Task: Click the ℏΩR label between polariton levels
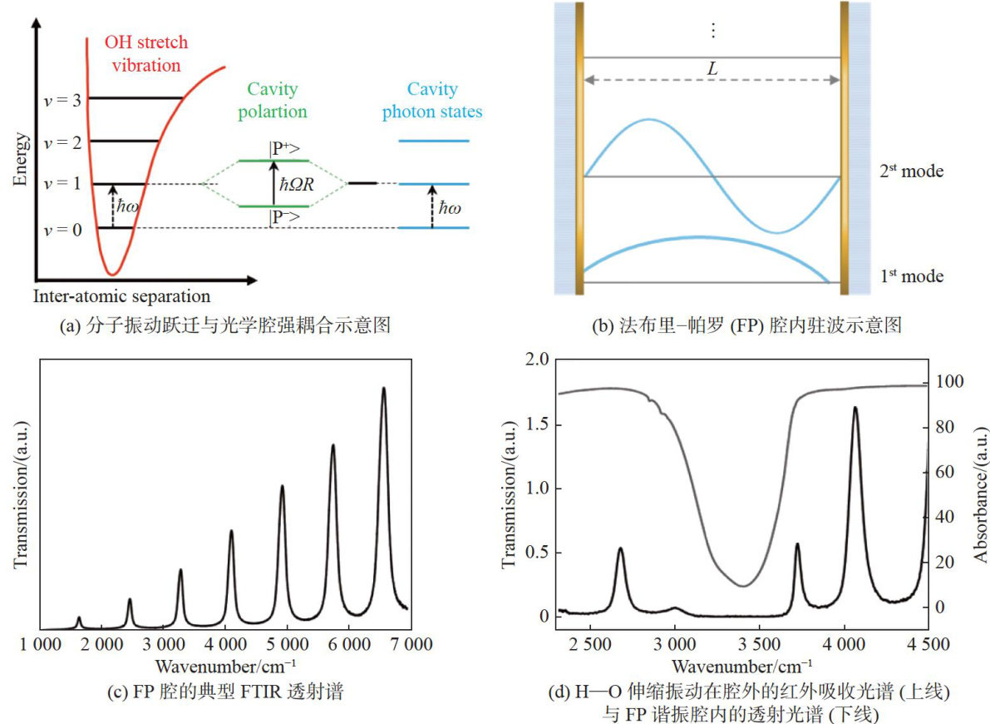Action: pyautogui.click(x=298, y=184)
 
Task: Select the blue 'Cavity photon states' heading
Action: pyautogui.click(x=432, y=100)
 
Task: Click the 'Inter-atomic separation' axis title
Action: pyautogui.click(x=122, y=295)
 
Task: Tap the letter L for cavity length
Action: pyautogui.click(x=712, y=70)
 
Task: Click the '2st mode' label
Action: pyautogui.click(x=912, y=172)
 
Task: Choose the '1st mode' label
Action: pyautogui.click(x=912, y=275)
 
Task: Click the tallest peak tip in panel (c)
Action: pyautogui.click(x=383, y=388)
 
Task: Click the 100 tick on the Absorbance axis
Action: pyautogui.click(x=950, y=382)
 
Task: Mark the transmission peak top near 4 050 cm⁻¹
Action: pyautogui.click(x=855, y=408)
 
